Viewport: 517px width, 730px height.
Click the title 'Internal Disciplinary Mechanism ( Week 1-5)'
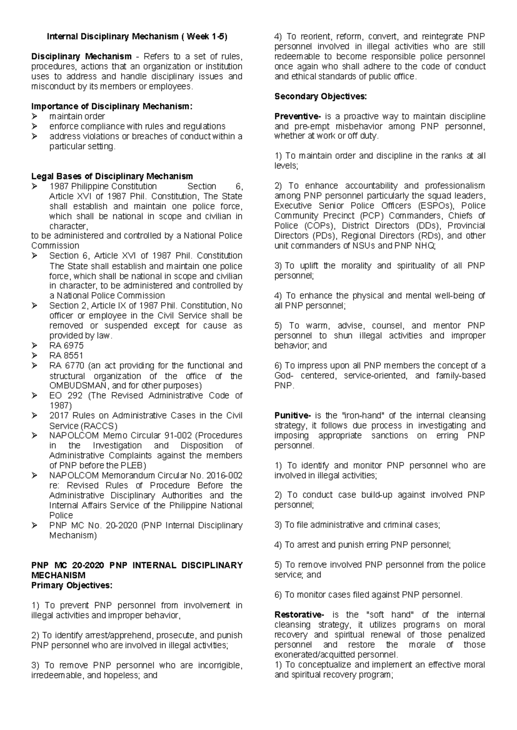point(137,37)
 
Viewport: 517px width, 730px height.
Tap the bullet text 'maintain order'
point(77,116)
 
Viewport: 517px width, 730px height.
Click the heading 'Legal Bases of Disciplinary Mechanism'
point(112,176)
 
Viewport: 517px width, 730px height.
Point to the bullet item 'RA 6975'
point(66,346)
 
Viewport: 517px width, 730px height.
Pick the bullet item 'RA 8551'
point(66,356)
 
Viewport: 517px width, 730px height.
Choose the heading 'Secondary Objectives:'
point(321,96)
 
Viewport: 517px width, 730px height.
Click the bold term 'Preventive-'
point(298,116)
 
